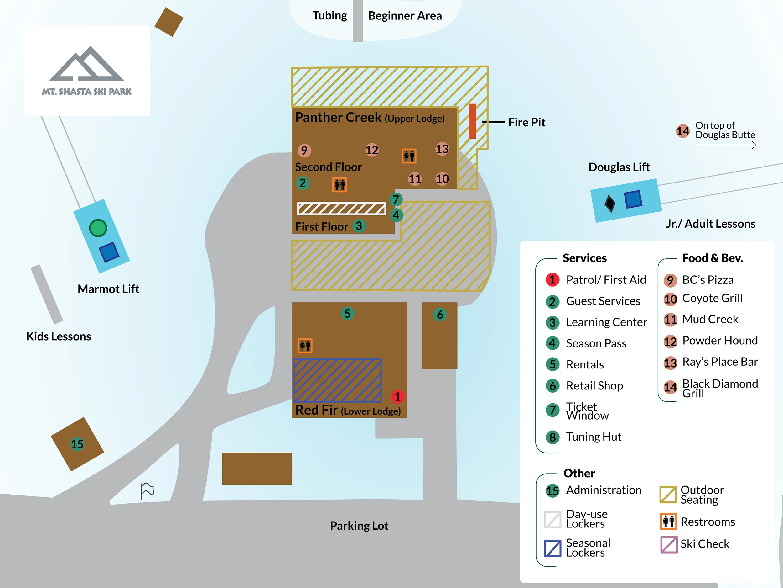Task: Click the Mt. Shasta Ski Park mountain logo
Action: click(87, 64)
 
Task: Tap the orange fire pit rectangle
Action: click(472, 121)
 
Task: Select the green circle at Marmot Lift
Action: click(98, 228)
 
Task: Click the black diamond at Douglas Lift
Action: click(610, 204)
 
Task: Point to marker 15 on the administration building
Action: click(77, 444)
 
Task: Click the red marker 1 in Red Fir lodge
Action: click(398, 397)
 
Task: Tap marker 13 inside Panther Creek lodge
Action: click(442, 149)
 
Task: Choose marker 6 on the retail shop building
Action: click(440, 314)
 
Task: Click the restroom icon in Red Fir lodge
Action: click(305, 346)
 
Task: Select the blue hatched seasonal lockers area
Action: click(337, 380)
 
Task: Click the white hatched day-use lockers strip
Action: click(342, 209)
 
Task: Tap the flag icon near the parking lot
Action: click(147, 491)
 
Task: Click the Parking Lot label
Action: click(359, 526)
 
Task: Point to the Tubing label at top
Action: click(329, 16)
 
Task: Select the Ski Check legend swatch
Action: click(669, 544)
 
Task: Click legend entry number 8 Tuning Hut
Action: click(593, 437)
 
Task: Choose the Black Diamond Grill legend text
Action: click(720, 388)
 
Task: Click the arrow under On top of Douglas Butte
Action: click(726, 145)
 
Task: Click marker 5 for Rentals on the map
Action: click(347, 313)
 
